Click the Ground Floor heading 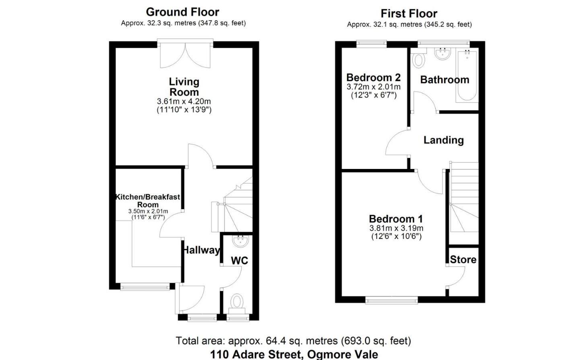coord(182,12)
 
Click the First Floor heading coord(409,13)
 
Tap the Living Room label coord(184,87)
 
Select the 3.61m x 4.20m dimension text coord(184,101)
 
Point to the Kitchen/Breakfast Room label coord(148,200)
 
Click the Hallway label coord(201,250)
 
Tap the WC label coord(239,260)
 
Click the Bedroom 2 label coord(373,77)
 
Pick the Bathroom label coord(444,80)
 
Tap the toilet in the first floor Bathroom coord(419,60)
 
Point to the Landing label coord(443,140)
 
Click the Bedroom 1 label coord(396,219)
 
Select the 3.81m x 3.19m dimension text coord(396,228)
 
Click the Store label coord(463,259)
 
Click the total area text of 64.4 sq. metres coord(293,341)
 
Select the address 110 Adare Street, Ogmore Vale coord(294,354)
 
